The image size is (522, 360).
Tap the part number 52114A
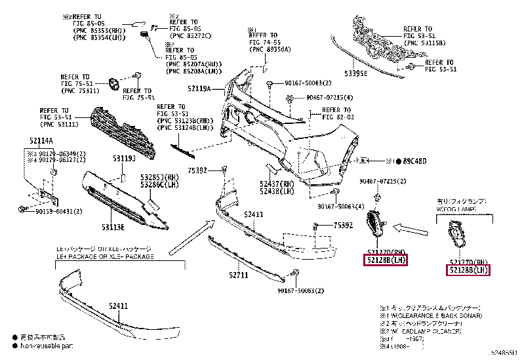[41, 141]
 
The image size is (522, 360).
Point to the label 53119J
[123, 159]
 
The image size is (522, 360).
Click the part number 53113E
[112, 227]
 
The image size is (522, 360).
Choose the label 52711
[238, 275]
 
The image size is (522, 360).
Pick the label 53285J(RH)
[159, 178]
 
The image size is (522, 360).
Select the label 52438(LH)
[277, 191]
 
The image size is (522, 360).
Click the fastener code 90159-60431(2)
[59, 212]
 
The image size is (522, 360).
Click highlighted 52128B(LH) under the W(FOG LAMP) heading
[470, 270]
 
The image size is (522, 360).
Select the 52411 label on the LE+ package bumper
[119, 306]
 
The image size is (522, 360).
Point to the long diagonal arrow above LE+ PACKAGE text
[188, 237]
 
